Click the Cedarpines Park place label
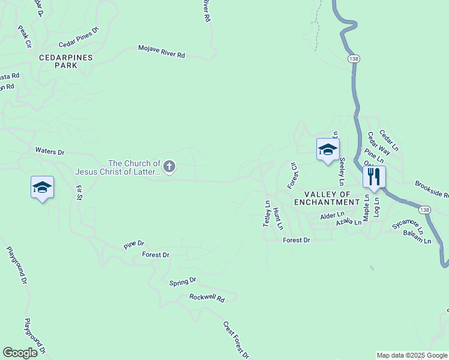point(66,61)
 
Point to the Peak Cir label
point(24,36)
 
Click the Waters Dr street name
point(50,151)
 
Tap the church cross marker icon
point(169,166)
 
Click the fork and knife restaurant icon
point(373,176)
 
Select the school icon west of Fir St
point(42,187)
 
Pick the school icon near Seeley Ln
point(328,149)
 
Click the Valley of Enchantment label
point(327,198)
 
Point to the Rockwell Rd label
point(206,298)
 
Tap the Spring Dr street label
point(183,281)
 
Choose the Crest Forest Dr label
point(236,340)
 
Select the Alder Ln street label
point(333,215)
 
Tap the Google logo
point(20,353)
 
